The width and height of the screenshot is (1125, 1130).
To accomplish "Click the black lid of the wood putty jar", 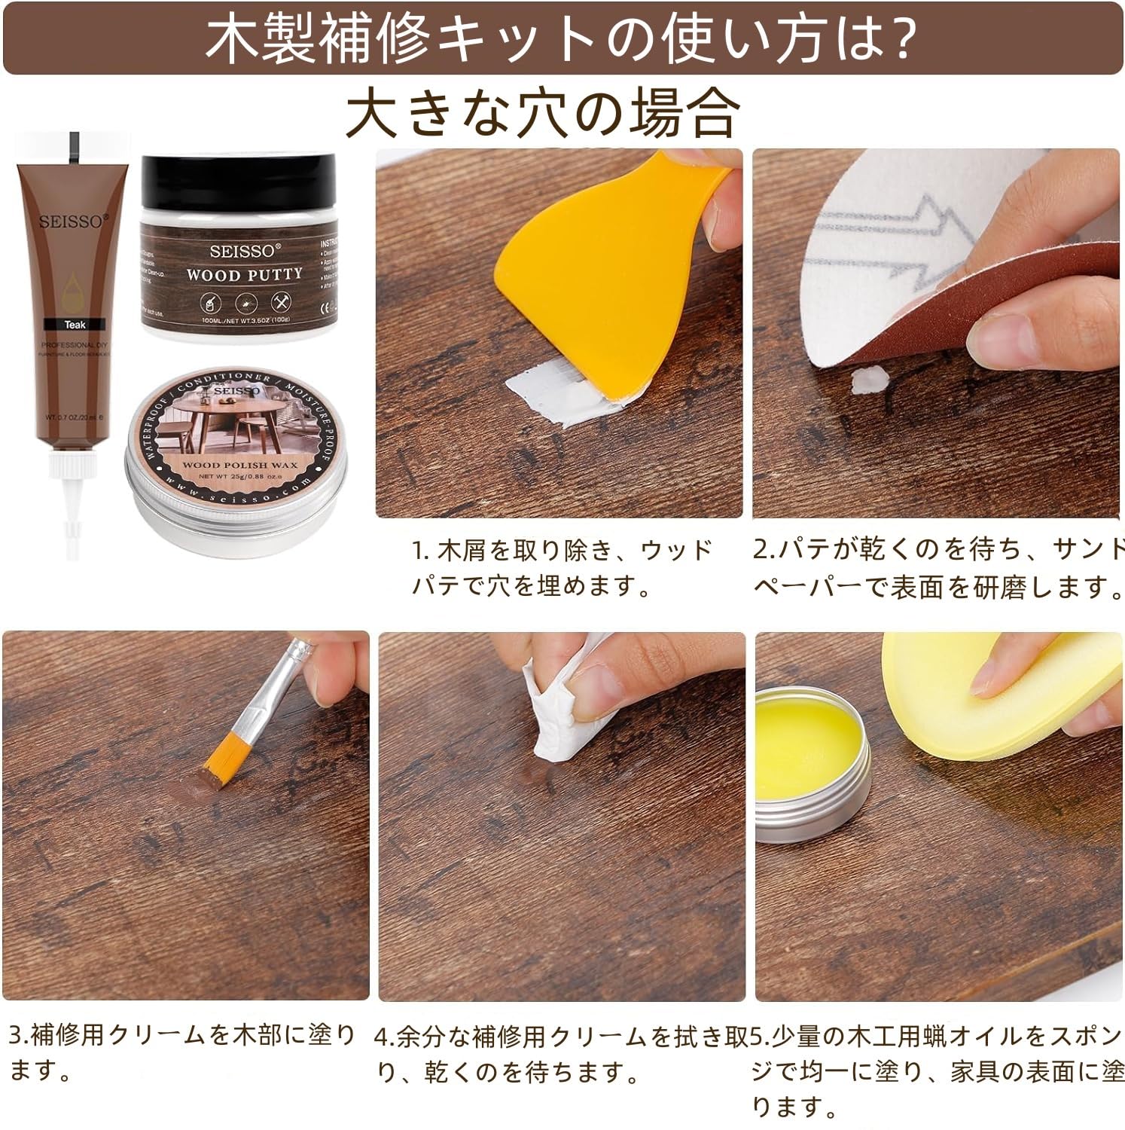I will pos(238,175).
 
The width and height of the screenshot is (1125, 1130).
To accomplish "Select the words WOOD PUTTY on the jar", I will pos(244,274).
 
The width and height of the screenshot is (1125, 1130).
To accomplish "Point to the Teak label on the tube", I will pos(75,325).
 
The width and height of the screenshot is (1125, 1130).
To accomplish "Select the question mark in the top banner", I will pos(898,39).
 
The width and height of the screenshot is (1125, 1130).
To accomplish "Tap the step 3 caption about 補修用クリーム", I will pos(181,1051).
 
